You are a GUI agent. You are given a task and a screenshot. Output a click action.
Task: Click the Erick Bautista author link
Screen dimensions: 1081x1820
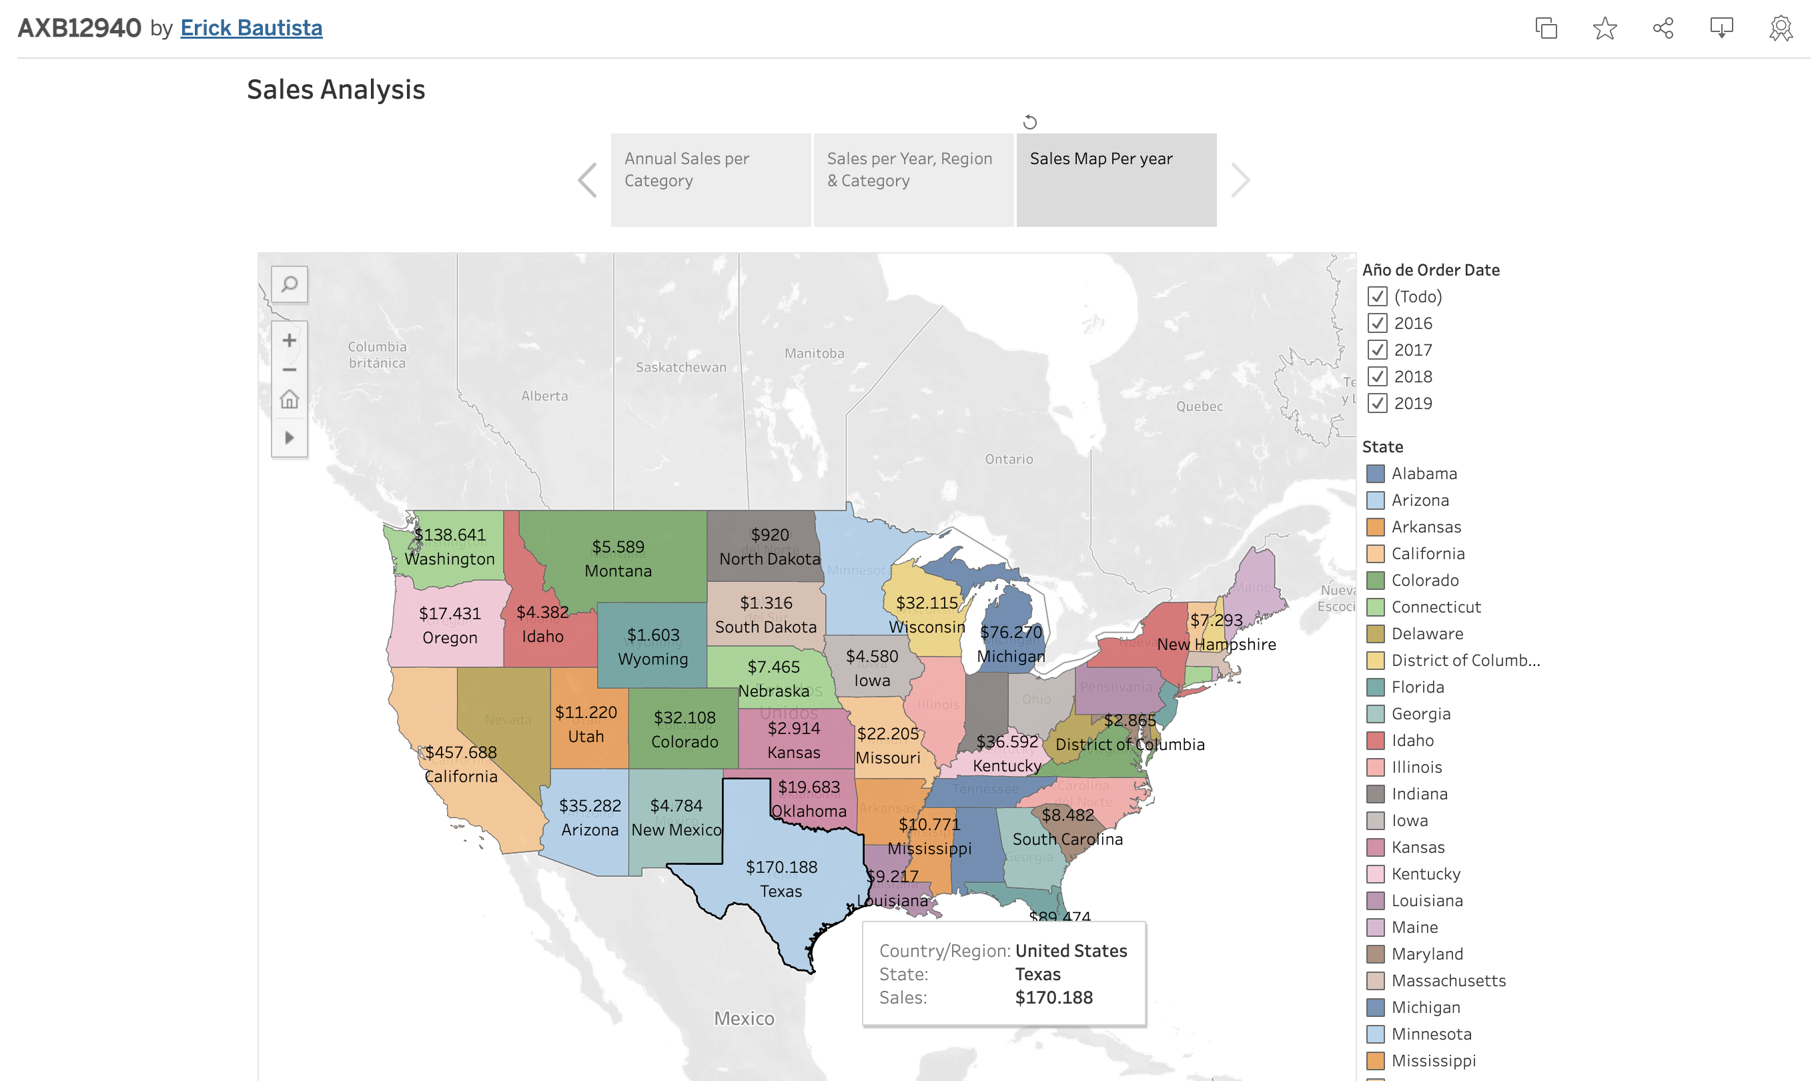click(252, 27)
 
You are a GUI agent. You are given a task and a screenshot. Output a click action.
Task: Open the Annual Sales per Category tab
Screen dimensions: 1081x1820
click(710, 179)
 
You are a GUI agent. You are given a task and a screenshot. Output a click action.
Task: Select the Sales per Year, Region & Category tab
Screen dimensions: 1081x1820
click(913, 179)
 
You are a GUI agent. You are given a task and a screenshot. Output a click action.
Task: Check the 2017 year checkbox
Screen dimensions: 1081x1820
click(1376, 350)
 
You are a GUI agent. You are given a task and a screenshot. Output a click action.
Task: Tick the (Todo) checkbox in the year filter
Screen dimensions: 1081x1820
click(1376, 296)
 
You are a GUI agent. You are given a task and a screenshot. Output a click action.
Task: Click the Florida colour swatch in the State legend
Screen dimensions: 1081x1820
click(1375, 687)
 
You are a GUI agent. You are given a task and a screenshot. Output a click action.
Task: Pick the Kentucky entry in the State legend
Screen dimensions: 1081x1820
click(1425, 873)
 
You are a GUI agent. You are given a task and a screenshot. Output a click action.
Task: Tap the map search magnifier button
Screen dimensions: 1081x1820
click(289, 284)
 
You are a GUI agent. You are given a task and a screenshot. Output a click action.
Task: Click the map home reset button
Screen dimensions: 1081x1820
click(289, 399)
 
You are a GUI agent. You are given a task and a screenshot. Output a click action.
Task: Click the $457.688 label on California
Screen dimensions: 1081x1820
click(460, 752)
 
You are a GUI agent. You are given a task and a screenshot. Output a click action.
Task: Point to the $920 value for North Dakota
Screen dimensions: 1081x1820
click(769, 534)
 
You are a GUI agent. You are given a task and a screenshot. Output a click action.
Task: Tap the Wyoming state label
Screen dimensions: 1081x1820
click(652, 659)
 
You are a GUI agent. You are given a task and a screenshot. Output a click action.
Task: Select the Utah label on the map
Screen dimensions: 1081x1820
click(586, 737)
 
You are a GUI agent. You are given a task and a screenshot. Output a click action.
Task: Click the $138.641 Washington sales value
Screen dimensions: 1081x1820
click(450, 534)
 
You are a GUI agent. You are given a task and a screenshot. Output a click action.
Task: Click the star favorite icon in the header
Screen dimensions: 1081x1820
click(1605, 29)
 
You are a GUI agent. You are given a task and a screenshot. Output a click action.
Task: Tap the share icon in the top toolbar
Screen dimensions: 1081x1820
click(1663, 29)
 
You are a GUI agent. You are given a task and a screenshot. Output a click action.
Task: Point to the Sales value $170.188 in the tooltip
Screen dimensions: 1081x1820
click(1053, 997)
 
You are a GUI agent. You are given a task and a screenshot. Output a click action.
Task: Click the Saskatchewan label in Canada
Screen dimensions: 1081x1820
click(680, 367)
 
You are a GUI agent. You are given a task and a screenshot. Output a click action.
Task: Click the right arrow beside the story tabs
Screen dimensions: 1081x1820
click(1240, 180)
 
